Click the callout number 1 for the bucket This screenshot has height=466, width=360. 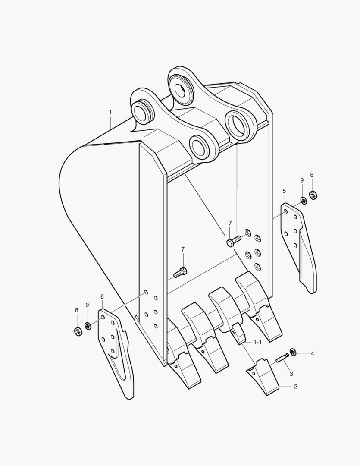click(x=110, y=112)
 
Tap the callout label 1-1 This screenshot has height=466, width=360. click(x=257, y=342)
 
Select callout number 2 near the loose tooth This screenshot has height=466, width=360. click(x=296, y=387)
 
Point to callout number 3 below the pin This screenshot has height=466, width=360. click(x=291, y=373)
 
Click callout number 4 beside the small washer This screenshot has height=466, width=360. click(x=313, y=353)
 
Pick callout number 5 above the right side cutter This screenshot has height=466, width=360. click(x=284, y=190)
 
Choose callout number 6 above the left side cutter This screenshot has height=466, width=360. click(x=102, y=296)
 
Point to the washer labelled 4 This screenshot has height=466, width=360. click(x=293, y=353)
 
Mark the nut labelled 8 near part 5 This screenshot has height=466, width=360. click(x=313, y=196)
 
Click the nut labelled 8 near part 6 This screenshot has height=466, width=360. click(x=78, y=331)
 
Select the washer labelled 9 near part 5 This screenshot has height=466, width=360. click(x=304, y=200)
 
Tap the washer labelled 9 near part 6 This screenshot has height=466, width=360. click(x=88, y=326)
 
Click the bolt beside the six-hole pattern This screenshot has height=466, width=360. click(x=232, y=241)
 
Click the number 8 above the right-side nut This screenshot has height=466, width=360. click(x=312, y=175)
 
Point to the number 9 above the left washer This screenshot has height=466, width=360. click(x=87, y=305)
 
